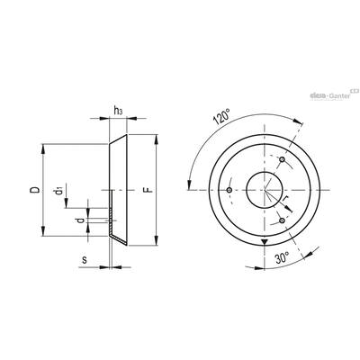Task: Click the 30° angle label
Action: coord(283,257)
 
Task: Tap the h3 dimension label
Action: coord(118,111)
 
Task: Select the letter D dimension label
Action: coord(35,190)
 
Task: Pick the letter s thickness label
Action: coord(85,260)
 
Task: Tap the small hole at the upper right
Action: coord(282,159)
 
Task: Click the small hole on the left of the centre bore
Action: coord(229,190)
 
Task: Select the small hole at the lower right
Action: coord(282,220)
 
